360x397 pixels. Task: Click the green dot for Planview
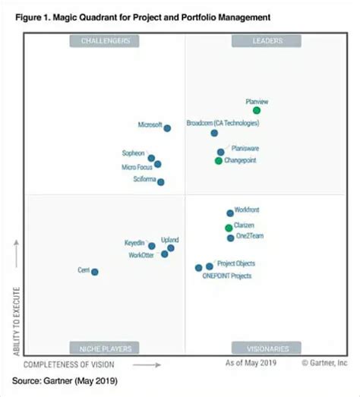tap(257, 111)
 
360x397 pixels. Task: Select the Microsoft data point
tap(167, 128)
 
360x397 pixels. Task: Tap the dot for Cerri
tap(95, 272)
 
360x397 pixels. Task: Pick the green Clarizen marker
tap(229, 228)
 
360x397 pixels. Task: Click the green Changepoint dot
tap(219, 160)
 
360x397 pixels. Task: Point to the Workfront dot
tap(230, 213)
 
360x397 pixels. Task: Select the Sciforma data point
tap(161, 181)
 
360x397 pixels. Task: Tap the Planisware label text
tap(245, 149)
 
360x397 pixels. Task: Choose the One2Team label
tap(249, 237)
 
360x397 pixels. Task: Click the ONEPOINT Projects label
tap(226, 276)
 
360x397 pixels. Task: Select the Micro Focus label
tap(137, 167)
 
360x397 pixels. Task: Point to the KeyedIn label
tap(134, 243)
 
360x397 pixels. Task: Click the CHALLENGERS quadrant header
tap(105, 41)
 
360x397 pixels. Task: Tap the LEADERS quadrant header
tap(267, 41)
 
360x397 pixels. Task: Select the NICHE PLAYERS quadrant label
tap(105, 348)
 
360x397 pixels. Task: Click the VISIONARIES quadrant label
tap(267, 348)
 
